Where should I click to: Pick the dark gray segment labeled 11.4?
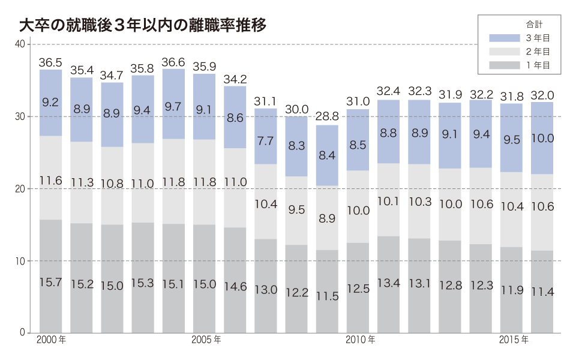[542, 292]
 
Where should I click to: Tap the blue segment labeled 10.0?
[542, 138]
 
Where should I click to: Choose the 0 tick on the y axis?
[21, 333]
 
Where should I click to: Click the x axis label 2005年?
[206, 340]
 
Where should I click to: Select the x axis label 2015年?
[514, 340]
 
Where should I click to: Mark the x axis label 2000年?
[51, 340]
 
